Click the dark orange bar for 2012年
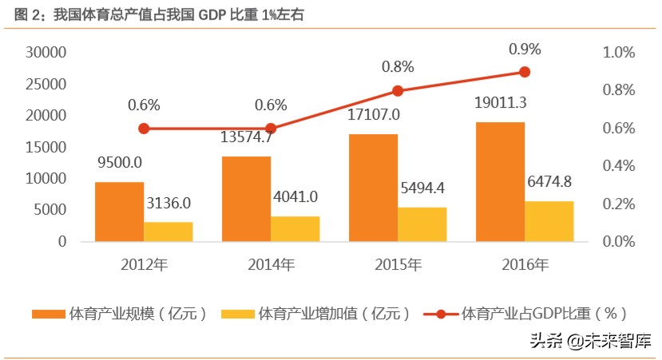119,212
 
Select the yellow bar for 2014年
295,228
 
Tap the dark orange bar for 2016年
500,181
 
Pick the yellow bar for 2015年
422,224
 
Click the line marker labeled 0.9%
525,72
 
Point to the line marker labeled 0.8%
398,91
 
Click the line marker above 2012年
144,129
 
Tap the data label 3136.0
168,204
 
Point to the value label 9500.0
120,163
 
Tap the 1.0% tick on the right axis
618,53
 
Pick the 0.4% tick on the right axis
618,166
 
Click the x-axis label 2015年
398,264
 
